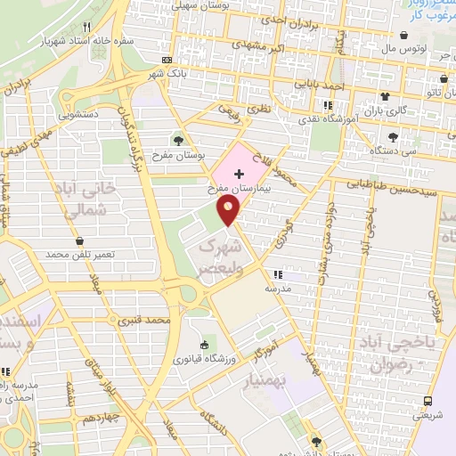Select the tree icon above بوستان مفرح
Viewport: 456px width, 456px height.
tap(180, 140)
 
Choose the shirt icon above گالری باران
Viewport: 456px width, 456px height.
tap(386, 97)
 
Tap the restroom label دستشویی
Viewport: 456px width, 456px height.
tap(79, 114)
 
